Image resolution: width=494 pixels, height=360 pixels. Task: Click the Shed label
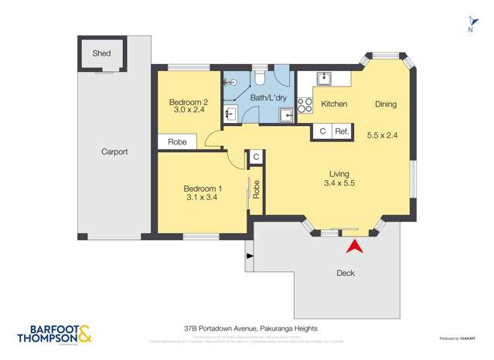[x=101, y=53]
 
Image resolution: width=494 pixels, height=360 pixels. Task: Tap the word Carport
[x=114, y=151]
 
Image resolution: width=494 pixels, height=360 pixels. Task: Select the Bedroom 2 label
[x=189, y=102]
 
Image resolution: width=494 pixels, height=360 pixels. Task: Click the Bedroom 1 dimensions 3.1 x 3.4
[x=203, y=198]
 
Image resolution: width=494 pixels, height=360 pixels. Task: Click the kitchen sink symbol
[x=323, y=79]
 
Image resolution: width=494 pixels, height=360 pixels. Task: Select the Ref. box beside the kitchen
[x=342, y=132]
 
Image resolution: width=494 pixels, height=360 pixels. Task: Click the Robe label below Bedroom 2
[x=177, y=143]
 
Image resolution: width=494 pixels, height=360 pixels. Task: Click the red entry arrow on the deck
[x=355, y=247]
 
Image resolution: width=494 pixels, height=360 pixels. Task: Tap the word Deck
[x=346, y=273]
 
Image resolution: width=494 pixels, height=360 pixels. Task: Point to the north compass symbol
[x=469, y=25]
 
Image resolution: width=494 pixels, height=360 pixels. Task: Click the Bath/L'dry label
[x=266, y=98]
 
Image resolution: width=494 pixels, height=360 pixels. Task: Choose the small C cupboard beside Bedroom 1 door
[x=256, y=157]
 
